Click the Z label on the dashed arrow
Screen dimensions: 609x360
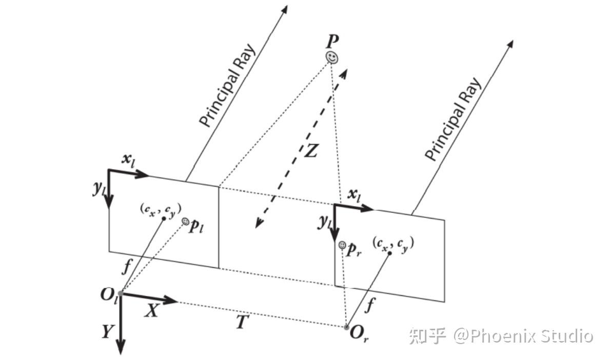click(311, 150)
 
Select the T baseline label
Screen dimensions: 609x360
click(243, 322)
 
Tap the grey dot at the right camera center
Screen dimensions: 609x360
click(346, 327)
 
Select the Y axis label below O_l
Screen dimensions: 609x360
click(106, 332)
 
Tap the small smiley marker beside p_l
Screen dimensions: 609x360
click(186, 221)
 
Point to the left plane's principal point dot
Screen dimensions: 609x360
click(164, 218)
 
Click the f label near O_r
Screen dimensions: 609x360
click(370, 306)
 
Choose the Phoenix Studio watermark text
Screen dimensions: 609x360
click(523, 336)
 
